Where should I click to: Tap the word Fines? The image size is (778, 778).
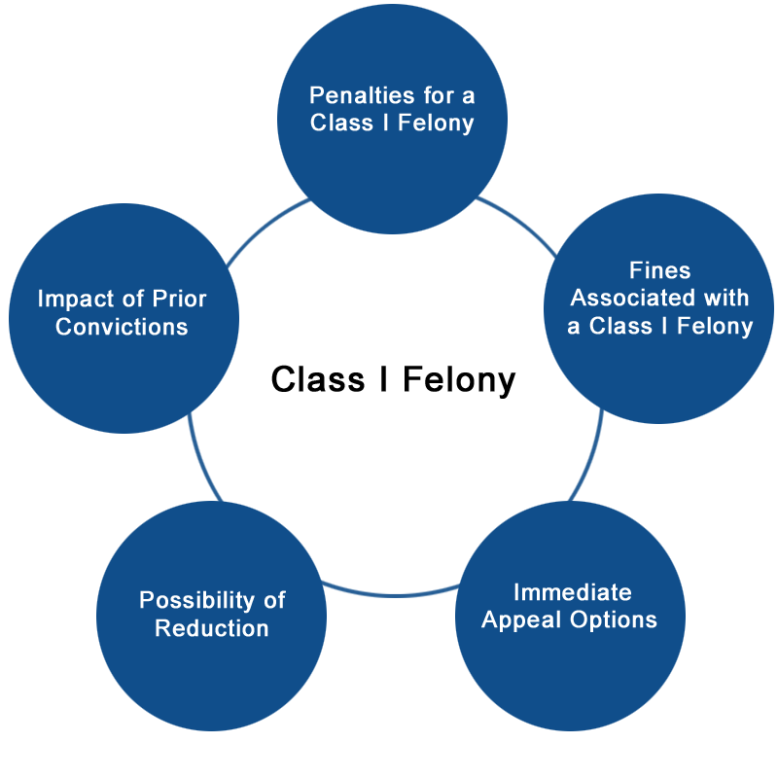(x=660, y=270)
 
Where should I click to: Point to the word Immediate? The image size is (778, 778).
(x=573, y=592)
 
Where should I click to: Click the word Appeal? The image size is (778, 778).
(x=521, y=620)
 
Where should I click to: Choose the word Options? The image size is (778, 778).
(x=614, y=620)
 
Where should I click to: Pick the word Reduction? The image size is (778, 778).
(x=212, y=628)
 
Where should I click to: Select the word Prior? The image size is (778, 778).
(x=179, y=299)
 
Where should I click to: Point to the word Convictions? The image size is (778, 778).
(x=122, y=327)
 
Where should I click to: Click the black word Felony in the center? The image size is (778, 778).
(x=459, y=380)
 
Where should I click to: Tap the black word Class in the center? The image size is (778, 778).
(x=318, y=379)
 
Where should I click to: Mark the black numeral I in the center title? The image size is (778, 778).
(x=383, y=379)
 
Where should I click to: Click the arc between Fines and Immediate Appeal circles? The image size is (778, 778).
(x=590, y=457)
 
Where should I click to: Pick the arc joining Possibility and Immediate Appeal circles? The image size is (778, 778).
(x=391, y=594)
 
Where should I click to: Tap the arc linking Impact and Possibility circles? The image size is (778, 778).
(x=202, y=458)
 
